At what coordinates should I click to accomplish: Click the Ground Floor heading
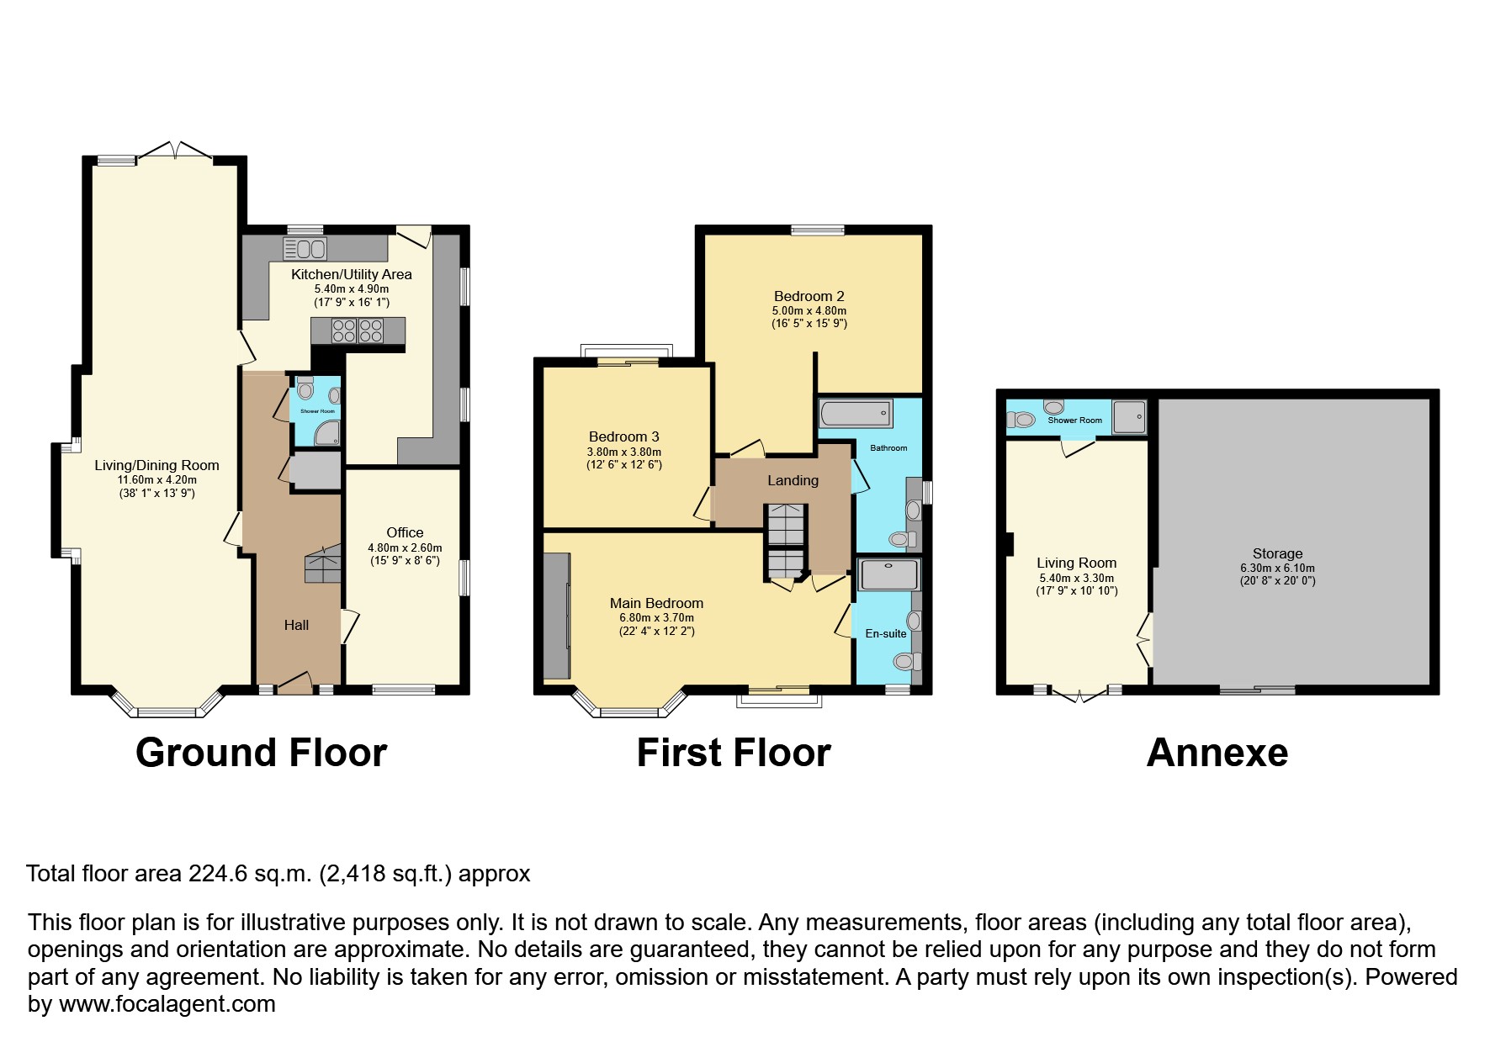[261, 753]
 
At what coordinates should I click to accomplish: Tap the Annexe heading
[1217, 753]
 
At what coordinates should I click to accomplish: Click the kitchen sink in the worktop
[305, 249]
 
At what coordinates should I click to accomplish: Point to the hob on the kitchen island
[358, 331]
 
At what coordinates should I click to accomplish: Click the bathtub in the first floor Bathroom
[855, 413]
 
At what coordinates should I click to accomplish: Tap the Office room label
[405, 532]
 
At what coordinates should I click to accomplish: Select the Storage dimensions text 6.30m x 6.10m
[1276, 568]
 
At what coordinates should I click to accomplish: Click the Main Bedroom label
[656, 603]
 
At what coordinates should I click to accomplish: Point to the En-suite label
[886, 633]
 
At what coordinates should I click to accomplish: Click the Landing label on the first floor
[793, 480]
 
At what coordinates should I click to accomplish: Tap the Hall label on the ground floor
[296, 625]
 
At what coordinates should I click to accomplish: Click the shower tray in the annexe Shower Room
[1129, 415]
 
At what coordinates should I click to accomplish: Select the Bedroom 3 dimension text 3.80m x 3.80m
[623, 452]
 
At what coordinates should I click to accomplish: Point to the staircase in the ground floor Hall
[323, 564]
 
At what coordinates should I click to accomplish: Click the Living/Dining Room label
[156, 465]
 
